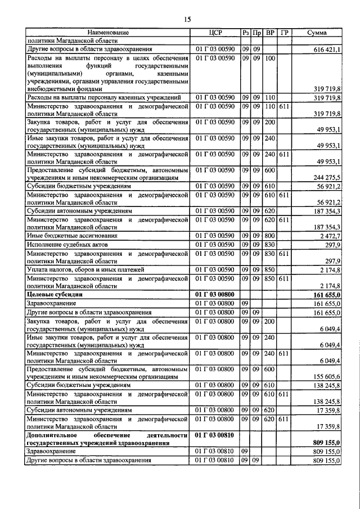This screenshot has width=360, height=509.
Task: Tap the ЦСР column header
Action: tap(216, 33)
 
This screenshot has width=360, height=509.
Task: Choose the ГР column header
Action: tap(284, 33)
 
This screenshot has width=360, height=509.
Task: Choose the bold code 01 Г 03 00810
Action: tap(216, 435)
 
